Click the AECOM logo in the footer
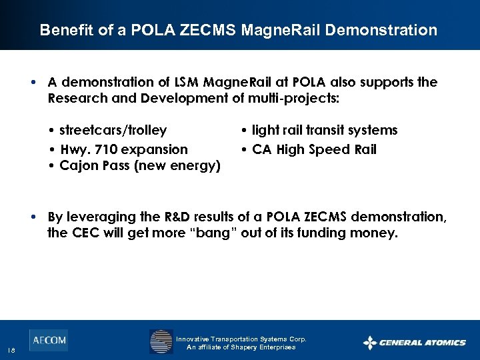[48, 340]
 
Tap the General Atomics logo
[414, 343]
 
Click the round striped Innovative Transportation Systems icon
[161, 341]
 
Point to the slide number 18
[11, 351]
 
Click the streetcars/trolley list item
[113, 130]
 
